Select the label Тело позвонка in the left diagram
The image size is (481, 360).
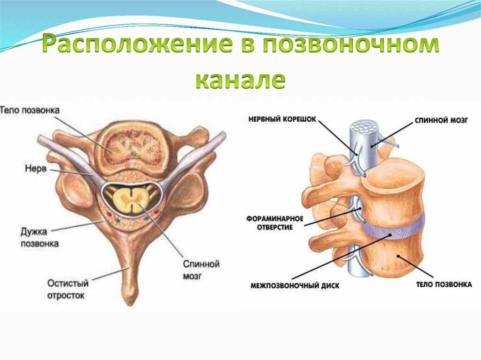(30, 111)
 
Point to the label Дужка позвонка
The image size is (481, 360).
(39, 237)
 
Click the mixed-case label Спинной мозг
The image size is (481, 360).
(202, 270)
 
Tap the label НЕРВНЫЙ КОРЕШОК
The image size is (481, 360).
(282, 120)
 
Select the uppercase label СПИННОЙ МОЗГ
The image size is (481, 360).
(442, 120)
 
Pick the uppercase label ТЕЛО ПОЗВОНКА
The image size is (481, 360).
(443, 284)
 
